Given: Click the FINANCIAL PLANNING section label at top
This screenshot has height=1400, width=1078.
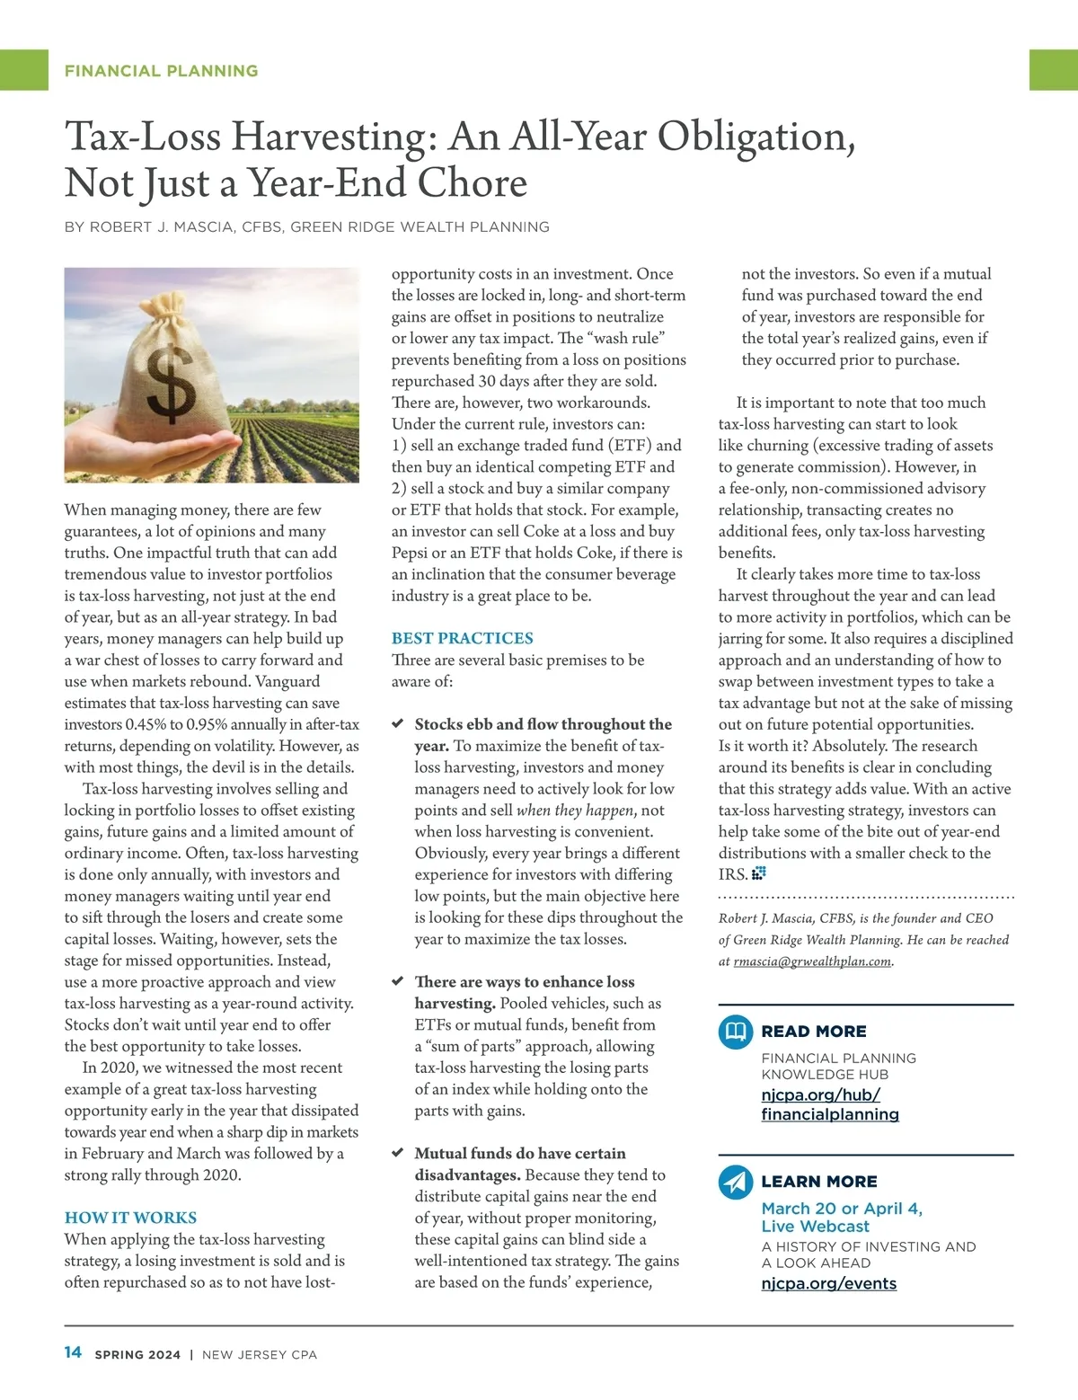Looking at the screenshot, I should [161, 71].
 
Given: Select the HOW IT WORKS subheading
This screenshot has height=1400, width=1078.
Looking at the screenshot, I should [130, 1218].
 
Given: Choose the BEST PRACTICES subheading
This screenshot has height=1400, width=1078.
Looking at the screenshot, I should [462, 638].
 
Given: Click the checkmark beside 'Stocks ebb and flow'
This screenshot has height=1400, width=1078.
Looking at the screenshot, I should [398, 724].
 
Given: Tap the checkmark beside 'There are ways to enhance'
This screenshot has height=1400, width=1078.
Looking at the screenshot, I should [398, 981].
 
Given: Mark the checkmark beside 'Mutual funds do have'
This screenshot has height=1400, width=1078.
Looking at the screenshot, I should [398, 1153].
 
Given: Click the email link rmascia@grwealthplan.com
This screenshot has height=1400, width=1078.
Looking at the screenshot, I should [812, 961].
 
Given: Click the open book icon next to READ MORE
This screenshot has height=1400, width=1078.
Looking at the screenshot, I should [736, 1031].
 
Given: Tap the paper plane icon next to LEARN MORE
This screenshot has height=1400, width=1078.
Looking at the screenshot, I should [736, 1182].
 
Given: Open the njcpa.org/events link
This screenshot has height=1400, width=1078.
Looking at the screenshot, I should [828, 1283].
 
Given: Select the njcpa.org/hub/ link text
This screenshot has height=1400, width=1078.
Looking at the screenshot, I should [820, 1094].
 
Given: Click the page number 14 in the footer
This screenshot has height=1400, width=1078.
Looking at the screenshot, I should [73, 1352].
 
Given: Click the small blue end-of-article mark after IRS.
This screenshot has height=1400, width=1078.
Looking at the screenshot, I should [759, 873].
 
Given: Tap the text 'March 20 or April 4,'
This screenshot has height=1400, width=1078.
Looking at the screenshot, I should [842, 1209].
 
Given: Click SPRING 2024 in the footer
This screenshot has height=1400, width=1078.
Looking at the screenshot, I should [137, 1354].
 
